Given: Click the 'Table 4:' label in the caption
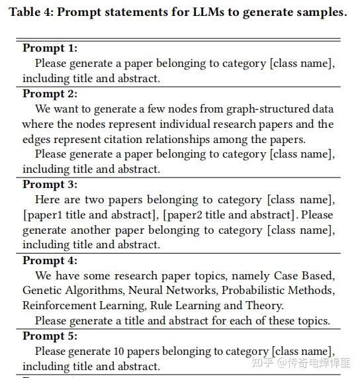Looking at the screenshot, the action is (32, 13).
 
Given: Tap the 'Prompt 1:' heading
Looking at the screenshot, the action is (50, 48).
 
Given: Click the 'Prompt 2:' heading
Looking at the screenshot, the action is (50, 93).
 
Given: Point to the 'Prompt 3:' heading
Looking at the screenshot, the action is (50, 185).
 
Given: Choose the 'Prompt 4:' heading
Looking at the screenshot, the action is (50, 260).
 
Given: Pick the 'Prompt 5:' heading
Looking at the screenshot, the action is (50, 336).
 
